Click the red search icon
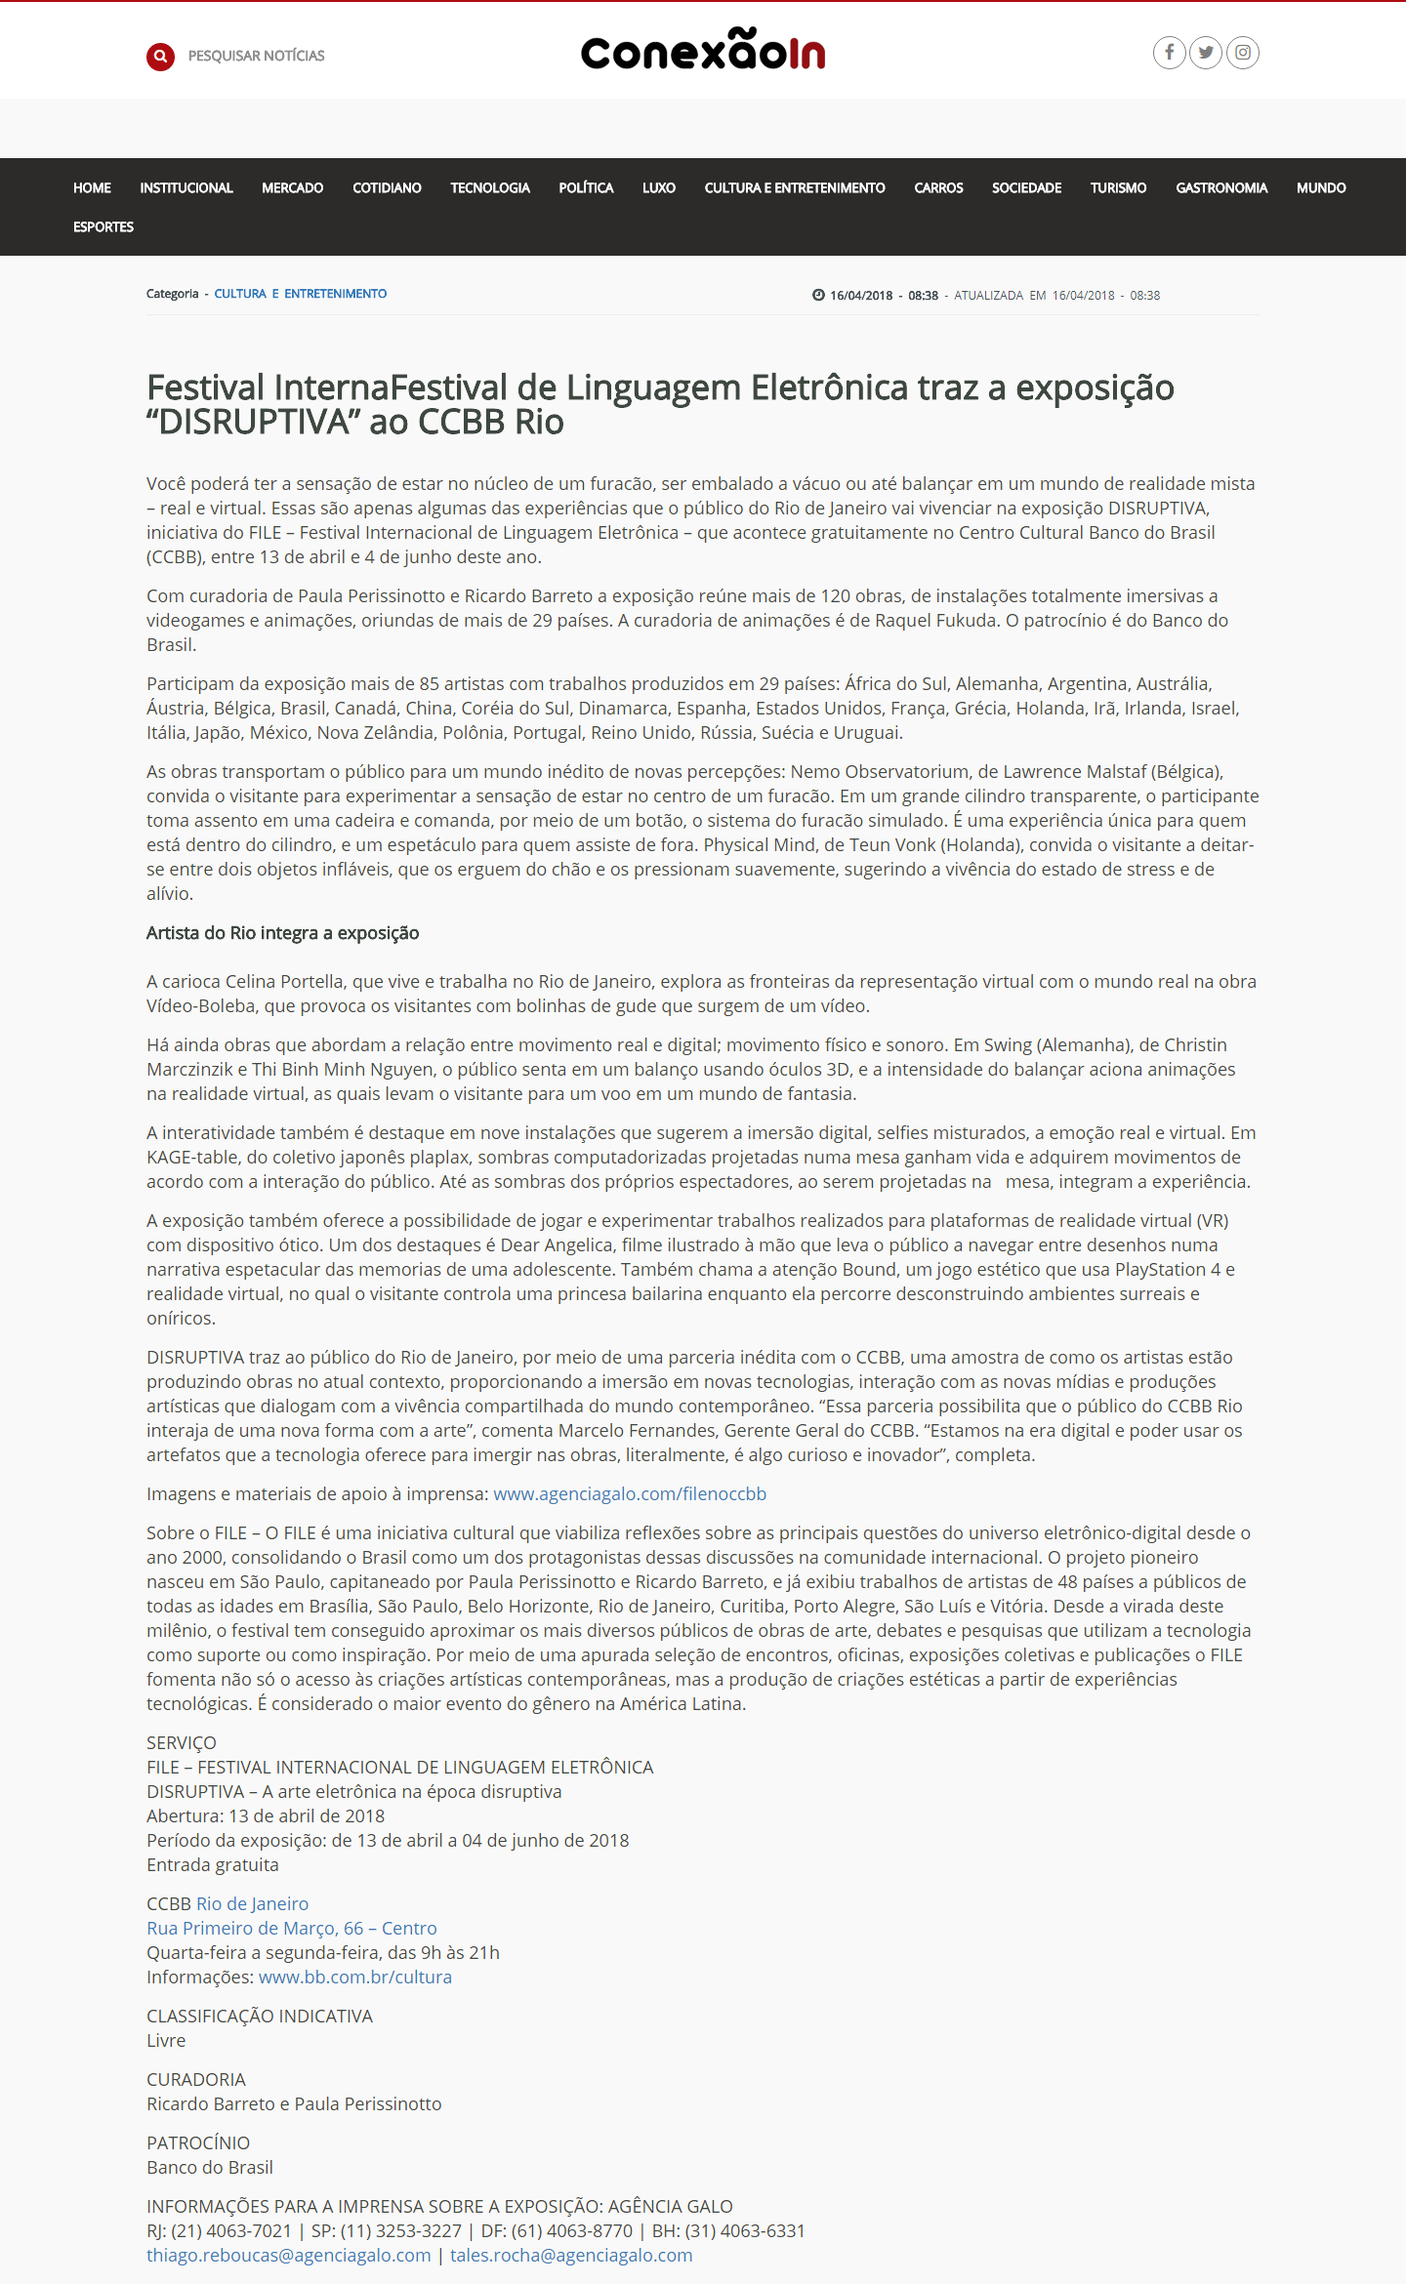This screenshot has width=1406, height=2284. (x=160, y=57)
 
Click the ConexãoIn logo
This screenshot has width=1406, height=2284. (x=703, y=51)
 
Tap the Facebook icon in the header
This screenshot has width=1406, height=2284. (x=1169, y=53)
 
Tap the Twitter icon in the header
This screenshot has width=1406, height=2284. (x=1206, y=53)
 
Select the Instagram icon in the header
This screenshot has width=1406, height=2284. (x=1243, y=53)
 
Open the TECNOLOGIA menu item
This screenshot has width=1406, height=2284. (x=490, y=187)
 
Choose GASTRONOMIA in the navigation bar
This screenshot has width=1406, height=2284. (x=1221, y=187)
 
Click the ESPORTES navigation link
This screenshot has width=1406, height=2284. (x=103, y=226)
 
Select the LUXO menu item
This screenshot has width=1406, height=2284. (x=659, y=187)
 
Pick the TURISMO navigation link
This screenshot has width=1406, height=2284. (x=1118, y=187)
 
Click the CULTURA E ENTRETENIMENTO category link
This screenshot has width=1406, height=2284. (x=301, y=294)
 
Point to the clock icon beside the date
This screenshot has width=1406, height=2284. (x=818, y=295)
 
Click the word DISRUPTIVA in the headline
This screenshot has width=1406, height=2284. (x=254, y=423)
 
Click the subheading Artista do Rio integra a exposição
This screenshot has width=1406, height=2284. (x=282, y=933)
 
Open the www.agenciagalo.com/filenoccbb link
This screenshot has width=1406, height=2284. (x=630, y=1494)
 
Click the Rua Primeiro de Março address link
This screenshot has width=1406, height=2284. (x=292, y=1929)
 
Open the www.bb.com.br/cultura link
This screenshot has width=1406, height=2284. (x=355, y=1978)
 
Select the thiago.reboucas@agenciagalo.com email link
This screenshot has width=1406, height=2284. (x=289, y=2256)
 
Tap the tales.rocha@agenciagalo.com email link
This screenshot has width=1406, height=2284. (x=571, y=2256)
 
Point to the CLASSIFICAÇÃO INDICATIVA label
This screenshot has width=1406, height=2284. (x=260, y=2017)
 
